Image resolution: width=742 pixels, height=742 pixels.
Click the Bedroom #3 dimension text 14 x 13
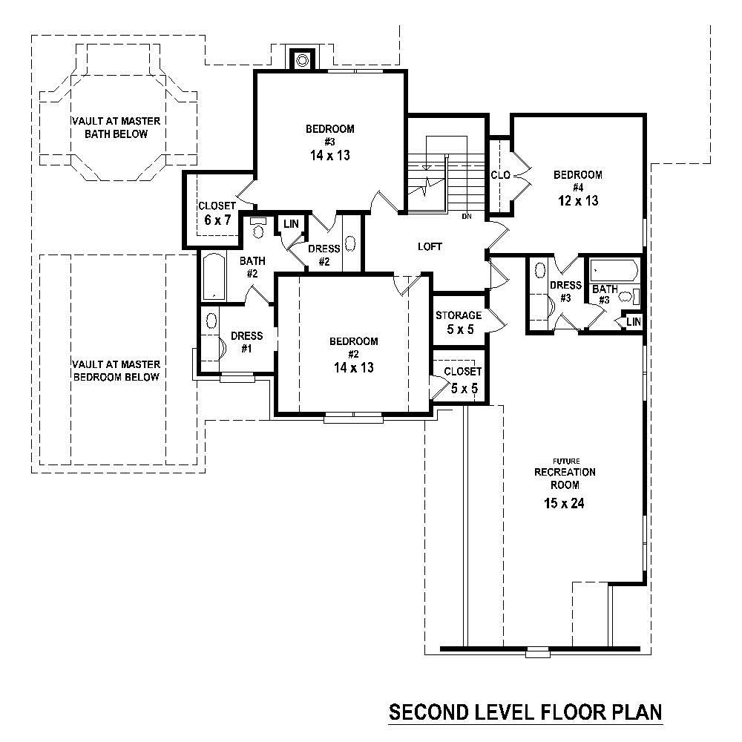(329, 156)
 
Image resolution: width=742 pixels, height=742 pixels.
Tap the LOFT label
(430, 246)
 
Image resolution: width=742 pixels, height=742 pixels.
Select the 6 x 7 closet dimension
(217, 220)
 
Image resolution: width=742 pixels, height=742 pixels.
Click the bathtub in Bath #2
(213, 276)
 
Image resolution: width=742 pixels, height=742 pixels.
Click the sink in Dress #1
(211, 321)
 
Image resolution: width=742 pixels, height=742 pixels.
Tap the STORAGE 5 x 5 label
(459, 322)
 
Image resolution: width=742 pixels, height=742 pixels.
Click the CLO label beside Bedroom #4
(499, 176)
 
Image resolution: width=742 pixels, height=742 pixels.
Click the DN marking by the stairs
(467, 217)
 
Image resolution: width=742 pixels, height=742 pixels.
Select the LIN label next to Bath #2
(290, 223)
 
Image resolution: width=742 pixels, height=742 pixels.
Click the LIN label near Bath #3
(633, 321)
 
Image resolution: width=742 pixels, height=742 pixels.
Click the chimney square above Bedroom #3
(303, 59)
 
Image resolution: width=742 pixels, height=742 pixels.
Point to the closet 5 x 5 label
(462, 378)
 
